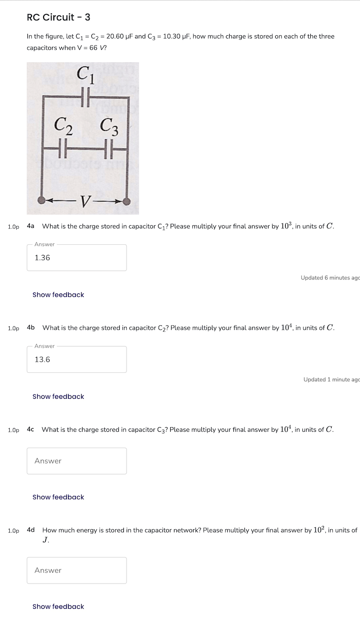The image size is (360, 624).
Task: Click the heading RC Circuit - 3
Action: (x=58, y=18)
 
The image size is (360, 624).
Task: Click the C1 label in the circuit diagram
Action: (x=85, y=75)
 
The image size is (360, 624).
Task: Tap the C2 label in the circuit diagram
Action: (x=63, y=125)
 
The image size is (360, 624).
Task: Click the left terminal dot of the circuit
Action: (x=42, y=200)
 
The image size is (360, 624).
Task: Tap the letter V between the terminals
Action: (x=85, y=201)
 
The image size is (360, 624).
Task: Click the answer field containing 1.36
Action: (x=77, y=258)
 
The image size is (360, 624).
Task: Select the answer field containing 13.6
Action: (x=77, y=359)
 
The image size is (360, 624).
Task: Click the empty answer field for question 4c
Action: (x=77, y=461)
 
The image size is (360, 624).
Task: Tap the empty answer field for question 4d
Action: (x=77, y=571)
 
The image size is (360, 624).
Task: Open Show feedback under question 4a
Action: (x=58, y=295)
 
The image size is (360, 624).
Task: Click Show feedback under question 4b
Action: (x=58, y=396)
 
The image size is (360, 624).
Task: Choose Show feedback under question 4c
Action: (x=58, y=497)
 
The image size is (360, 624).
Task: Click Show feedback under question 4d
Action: (x=58, y=607)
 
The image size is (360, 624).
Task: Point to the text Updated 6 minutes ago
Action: (x=330, y=278)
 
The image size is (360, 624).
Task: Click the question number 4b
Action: (x=31, y=328)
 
